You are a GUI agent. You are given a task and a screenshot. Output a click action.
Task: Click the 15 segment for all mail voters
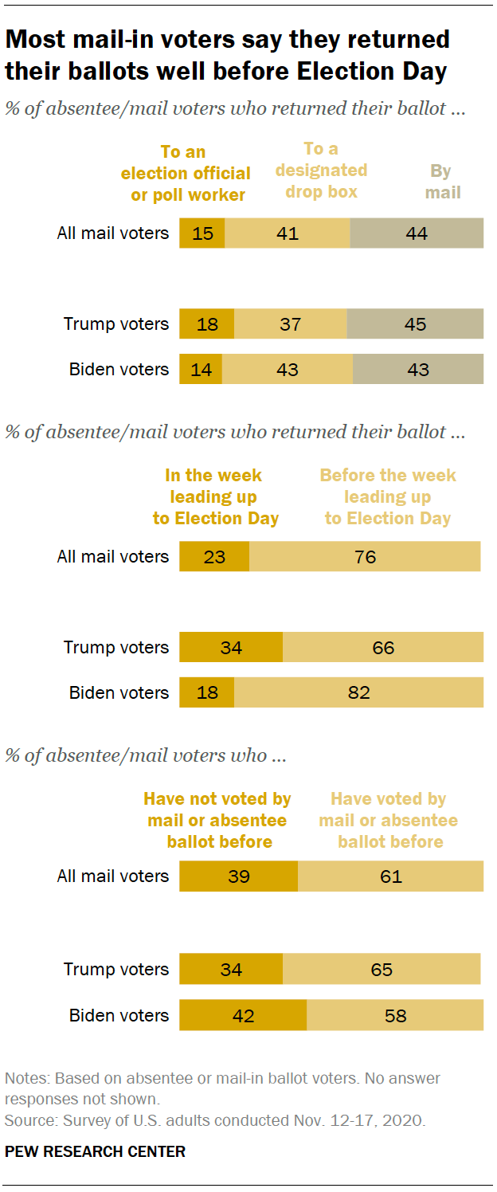pyautogui.click(x=202, y=233)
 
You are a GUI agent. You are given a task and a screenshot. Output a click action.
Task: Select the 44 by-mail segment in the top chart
pyautogui.click(x=417, y=233)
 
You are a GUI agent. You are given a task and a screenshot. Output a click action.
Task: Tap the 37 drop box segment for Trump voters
pyautogui.click(x=291, y=324)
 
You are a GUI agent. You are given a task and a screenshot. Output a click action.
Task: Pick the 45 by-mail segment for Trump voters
pyautogui.click(x=415, y=324)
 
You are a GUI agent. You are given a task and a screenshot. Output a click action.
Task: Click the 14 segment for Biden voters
pyautogui.click(x=201, y=369)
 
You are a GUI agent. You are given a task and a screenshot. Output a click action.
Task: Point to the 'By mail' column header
pyautogui.click(x=443, y=182)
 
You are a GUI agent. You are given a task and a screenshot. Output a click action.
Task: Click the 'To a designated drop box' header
pyautogui.click(x=322, y=170)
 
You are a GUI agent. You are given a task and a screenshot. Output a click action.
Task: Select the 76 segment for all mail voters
pyautogui.click(x=365, y=556)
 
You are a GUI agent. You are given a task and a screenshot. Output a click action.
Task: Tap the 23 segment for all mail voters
pyautogui.click(x=214, y=556)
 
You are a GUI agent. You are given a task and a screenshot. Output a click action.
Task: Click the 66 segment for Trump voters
pyautogui.click(x=383, y=647)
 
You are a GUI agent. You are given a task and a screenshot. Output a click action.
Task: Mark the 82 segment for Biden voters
pyautogui.click(x=358, y=692)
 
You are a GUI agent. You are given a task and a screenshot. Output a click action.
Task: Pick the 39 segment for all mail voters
pyautogui.click(x=238, y=876)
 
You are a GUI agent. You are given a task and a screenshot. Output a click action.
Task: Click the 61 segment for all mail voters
pyautogui.click(x=390, y=876)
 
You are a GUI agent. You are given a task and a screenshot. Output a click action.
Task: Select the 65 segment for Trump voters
pyautogui.click(x=382, y=969)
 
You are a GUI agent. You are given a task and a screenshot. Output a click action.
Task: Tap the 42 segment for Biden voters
pyautogui.click(x=243, y=1015)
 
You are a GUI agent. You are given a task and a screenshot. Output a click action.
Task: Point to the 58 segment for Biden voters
pyautogui.click(x=395, y=1015)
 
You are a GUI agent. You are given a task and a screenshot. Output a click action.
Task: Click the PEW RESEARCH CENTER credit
pyautogui.click(x=95, y=1151)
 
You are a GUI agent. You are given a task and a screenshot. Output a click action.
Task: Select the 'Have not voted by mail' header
pyautogui.click(x=218, y=820)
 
